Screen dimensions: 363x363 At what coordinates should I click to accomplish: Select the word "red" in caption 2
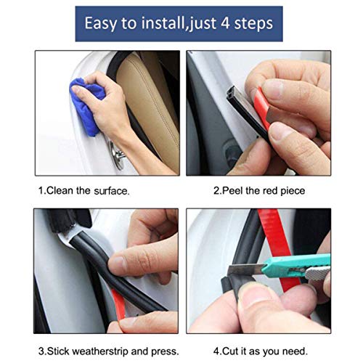click(x=272, y=191)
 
